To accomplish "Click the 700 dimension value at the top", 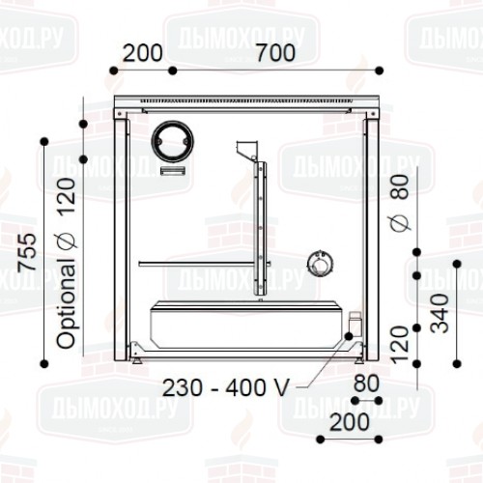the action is pyautogui.click(x=275, y=53).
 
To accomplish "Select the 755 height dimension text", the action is pyautogui.click(x=27, y=253).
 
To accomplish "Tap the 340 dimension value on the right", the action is pyautogui.click(x=440, y=313).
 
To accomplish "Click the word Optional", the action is pyautogui.click(x=67, y=303).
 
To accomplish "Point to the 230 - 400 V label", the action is pyautogui.click(x=226, y=387).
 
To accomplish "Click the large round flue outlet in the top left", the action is pyautogui.click(x=174, y=140).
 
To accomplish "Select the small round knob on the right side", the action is pyautogui.click(x=319, y=264).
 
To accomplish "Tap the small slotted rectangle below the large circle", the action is pyautogui.click(x=173, y=171).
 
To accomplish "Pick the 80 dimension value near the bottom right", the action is pyautogui.click(x=366, y=384).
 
